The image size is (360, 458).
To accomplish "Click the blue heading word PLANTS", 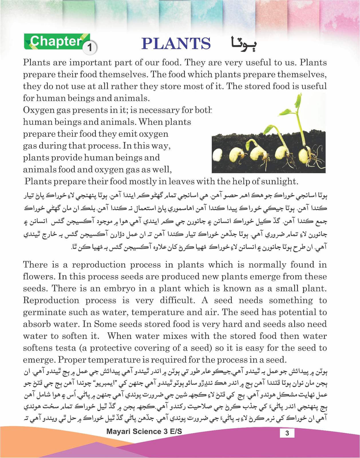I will point(176,44).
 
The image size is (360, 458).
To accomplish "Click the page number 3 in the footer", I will point(287,433).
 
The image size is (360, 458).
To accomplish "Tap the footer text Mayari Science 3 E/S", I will point(144,431).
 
